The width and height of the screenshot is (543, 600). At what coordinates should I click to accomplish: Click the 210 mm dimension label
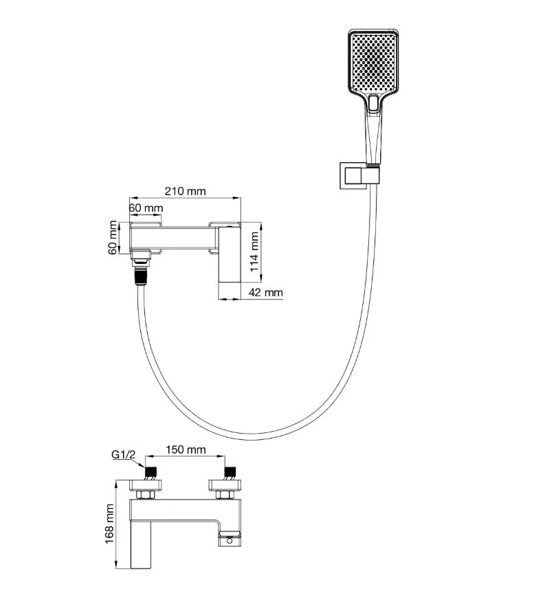[x=186, y=192]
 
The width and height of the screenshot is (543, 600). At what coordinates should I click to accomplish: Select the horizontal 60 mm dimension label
[x=145, y=208]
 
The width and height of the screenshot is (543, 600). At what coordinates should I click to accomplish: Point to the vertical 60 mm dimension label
[x=114, y=238]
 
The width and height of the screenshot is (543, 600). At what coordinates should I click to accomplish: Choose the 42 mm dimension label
[x=265, y=293]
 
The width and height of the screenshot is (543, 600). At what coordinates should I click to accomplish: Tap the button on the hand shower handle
[x=374, y=102]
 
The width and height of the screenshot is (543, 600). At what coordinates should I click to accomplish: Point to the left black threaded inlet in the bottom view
[x=151, y=473]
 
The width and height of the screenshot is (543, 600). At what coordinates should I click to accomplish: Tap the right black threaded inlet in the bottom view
[x=230, y=473]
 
